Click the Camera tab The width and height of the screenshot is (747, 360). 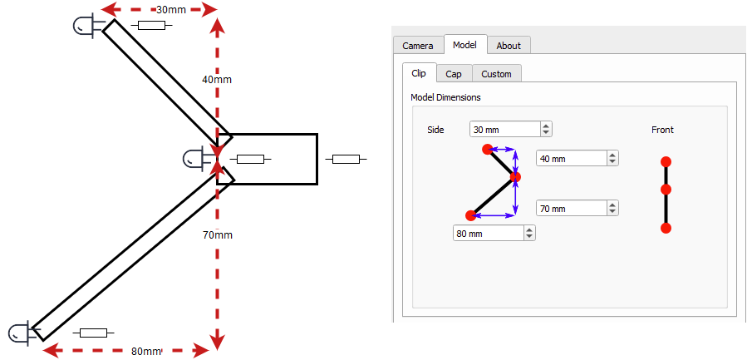(x=418, y=46)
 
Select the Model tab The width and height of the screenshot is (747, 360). (x=465, y=45)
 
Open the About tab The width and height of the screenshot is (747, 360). (x=509, y=46)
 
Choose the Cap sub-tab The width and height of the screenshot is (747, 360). (x=455, y=74)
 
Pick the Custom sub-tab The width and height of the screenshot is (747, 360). (x=496, y=74)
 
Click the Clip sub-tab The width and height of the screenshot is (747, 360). (x=420, y=73)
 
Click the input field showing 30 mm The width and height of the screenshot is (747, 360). (x=511, y=129)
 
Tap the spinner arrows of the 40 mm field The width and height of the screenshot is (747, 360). (x=612, y=158)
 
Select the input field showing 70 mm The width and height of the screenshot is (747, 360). (x=577, y=209)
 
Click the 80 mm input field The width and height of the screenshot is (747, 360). (x=494, y=233)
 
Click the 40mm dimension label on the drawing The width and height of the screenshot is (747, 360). (x=217, y=80)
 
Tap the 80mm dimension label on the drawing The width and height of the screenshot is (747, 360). (x=145, y=352)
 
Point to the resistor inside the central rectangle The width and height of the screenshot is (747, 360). (x=251, y=160)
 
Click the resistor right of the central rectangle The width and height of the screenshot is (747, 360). (x=346, y=160)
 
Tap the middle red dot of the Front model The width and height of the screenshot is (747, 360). (x=666, y=190)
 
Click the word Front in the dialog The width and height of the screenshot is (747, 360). (x=663, y=130)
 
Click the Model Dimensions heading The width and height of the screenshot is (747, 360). (x=445, y=97)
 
